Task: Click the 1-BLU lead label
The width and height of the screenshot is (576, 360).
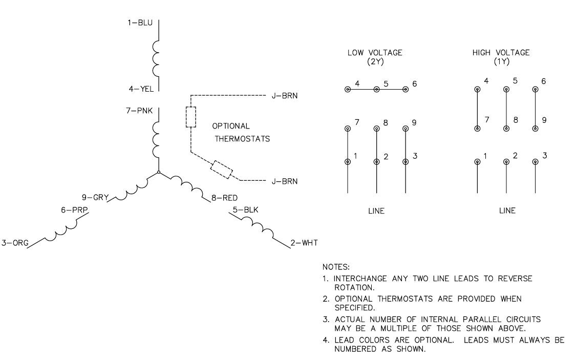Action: pos(140,23)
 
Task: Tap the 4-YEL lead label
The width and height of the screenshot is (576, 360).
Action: pos(141,89)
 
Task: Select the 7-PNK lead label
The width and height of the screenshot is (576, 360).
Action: pos(139,110)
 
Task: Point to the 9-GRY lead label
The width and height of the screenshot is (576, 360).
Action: pos(95,197)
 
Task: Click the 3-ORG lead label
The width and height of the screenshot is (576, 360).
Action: pos(15,243)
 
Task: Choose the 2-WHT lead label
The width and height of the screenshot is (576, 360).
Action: pos(304,243)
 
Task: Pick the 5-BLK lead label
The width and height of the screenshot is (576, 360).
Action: pos(245,210)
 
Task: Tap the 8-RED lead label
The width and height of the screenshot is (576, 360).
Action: pos(224,198)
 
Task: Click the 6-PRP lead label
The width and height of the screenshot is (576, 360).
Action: pos(74,210)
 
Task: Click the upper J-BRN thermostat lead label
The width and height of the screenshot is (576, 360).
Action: pos(285,96)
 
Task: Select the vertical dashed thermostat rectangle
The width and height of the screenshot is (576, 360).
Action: pos(190,117)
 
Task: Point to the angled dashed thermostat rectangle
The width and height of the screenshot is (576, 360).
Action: pos(222,170)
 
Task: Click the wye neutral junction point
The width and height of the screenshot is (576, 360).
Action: pos(158,172)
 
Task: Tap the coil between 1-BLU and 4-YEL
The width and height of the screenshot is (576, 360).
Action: pos(156,59)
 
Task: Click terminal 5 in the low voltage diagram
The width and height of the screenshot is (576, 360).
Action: pos(376,89)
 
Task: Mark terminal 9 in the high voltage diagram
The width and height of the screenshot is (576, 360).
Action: pos(535,129)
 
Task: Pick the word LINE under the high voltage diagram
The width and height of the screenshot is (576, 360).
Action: pos(507,210)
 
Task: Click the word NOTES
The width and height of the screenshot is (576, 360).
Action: pos(336,267)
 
